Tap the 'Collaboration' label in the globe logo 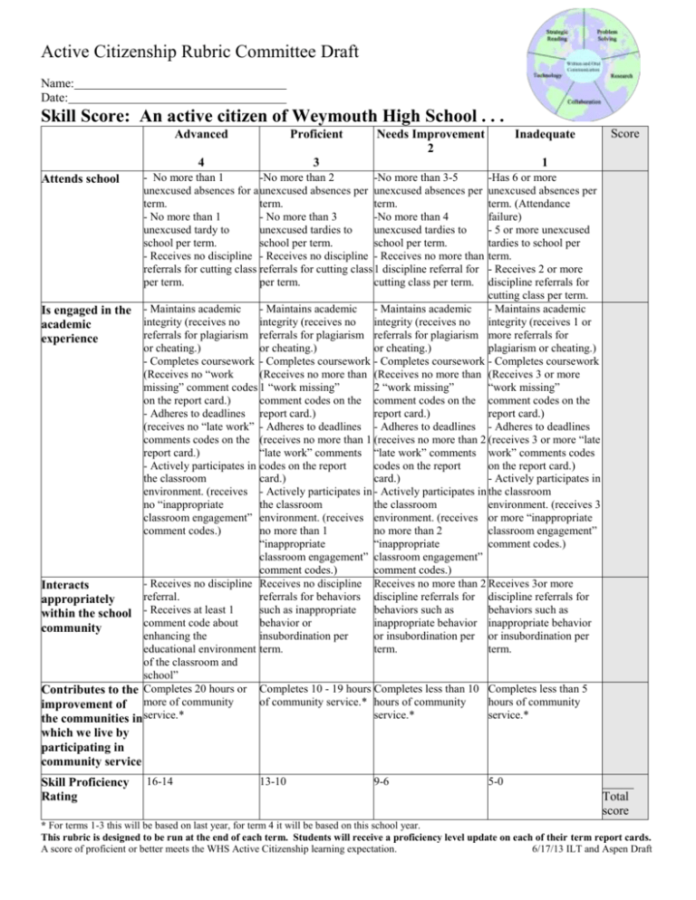(x=582, y=102)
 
